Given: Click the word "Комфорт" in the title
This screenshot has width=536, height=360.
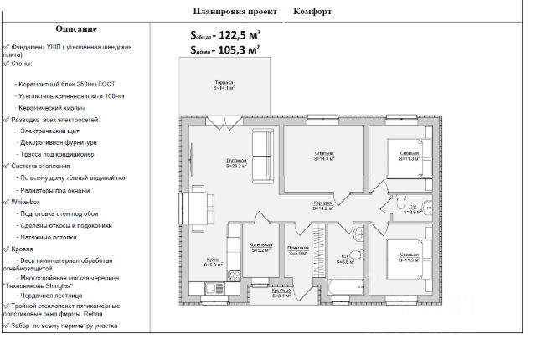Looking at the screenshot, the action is coord(312,13).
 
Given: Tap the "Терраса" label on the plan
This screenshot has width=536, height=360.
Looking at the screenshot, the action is coord(224,85).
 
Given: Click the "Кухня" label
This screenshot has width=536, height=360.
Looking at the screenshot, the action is coord(213,261).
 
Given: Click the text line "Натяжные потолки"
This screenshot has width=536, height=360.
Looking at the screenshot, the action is coord(51,237).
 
